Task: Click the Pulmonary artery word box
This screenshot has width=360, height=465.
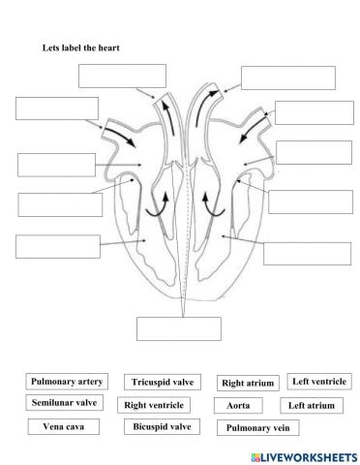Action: pos(67,382)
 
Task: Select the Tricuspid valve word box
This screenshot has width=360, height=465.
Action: pos(159,383)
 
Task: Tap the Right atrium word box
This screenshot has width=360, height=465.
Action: pos(247,384)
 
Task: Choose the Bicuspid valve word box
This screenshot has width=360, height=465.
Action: pos(159,426)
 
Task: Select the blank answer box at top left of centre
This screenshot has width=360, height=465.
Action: pos(122,76)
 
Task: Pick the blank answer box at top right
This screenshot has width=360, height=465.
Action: pos(287,77)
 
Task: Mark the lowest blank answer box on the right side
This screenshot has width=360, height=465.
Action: pos(300,253)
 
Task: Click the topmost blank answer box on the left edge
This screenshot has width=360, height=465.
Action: pos(57,108)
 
